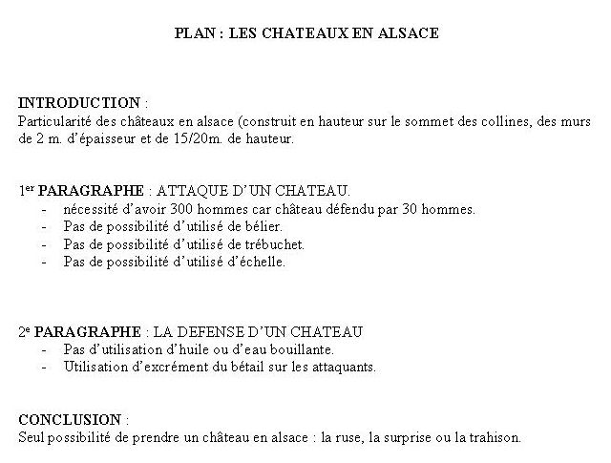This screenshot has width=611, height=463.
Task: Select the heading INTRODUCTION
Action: pyautogui.click(x=79, y=102)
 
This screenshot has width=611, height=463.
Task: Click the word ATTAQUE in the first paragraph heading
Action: pyautogui.click(x=190, y=190)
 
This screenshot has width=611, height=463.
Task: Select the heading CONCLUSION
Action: pyautogui.click(x=71, y=419)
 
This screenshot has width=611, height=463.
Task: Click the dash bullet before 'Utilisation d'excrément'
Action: pyautogui.click(x=45, y=367)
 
